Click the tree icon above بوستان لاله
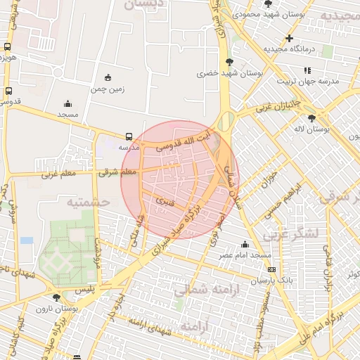coord(312,118)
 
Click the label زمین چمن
coord(107,89)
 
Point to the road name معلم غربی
coord(58,174)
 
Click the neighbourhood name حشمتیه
coord(89,202)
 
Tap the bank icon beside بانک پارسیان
coord(271,269)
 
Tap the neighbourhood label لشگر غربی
coord(293,232)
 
